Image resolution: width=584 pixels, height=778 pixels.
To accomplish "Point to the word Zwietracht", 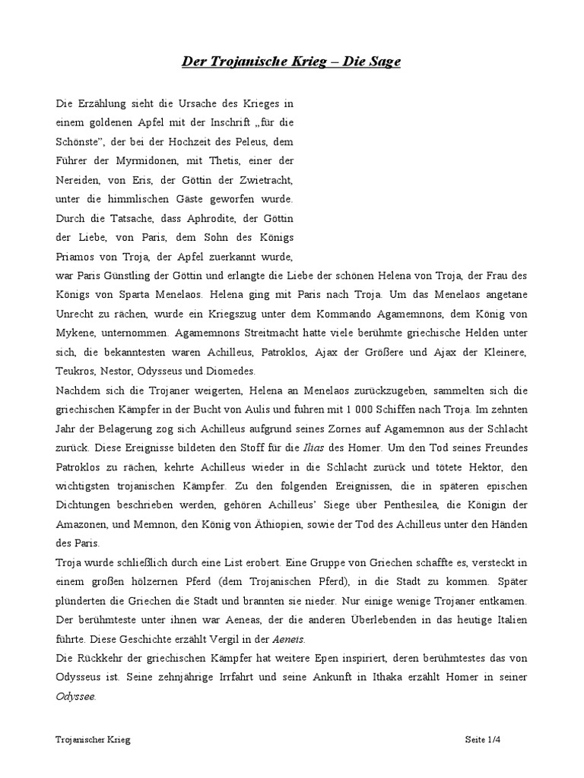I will [x=266, y=181].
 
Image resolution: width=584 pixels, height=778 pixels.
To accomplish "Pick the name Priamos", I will [x=75, y=257].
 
